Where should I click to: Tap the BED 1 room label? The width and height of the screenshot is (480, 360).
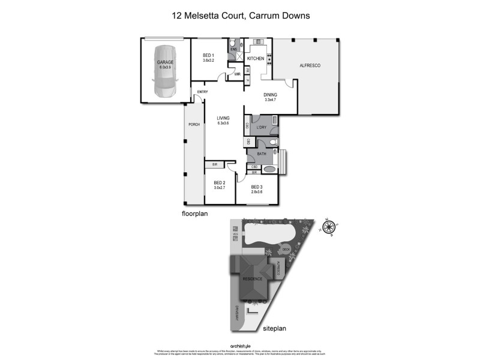[208, 55]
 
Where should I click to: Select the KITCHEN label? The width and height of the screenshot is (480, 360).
[256, 58]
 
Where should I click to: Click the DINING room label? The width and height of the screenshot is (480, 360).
[271, 95]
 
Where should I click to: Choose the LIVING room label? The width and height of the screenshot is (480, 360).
[223, 118]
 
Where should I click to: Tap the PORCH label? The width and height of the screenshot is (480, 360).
[194, 124]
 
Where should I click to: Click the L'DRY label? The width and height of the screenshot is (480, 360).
[261, 127]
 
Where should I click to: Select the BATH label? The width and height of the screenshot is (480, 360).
[262, 154]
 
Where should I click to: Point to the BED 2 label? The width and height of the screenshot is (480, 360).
[219, 182]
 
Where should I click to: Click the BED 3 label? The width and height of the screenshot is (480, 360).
[257, 187]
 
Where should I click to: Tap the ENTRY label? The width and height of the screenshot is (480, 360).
[202, 92]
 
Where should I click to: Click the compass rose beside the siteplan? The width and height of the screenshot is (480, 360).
[328, 227]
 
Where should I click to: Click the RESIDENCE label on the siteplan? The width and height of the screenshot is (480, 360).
[253, 279]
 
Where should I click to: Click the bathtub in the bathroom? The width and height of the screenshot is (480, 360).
[271, 169]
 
